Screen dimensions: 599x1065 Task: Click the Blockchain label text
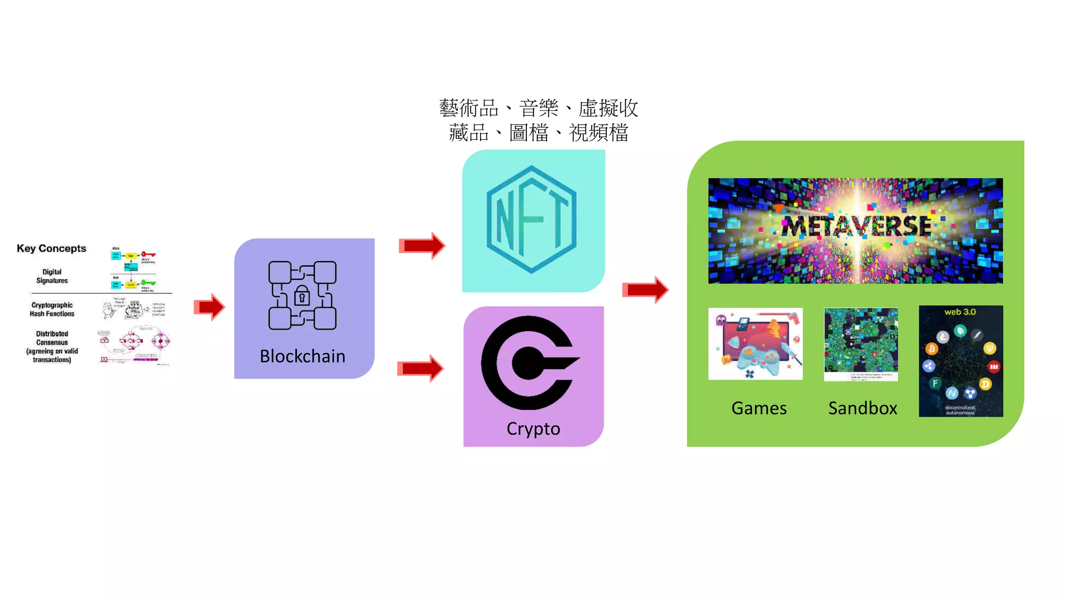point(302,356)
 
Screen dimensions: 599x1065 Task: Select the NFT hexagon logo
point(531,219)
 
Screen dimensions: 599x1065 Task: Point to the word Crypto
point(533,429)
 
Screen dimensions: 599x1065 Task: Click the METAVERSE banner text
point(856,227)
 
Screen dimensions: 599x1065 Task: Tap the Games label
point(759,408)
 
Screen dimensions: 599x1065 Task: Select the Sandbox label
point(863,408)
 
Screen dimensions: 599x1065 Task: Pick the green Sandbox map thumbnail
point(861,343)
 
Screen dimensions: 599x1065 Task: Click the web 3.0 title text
point(960,312)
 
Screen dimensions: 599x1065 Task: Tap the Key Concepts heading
point(51,249)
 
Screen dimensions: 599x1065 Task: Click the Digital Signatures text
point(52,276)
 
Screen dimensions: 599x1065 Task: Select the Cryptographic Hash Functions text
point(52,309)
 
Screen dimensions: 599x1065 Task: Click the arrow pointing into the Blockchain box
point(210,307)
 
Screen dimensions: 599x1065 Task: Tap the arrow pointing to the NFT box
point(422,245)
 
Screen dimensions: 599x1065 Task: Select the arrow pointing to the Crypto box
point(421,369)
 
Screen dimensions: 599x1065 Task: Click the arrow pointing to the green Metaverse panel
point(645,290)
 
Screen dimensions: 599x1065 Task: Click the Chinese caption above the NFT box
point(539,120)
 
